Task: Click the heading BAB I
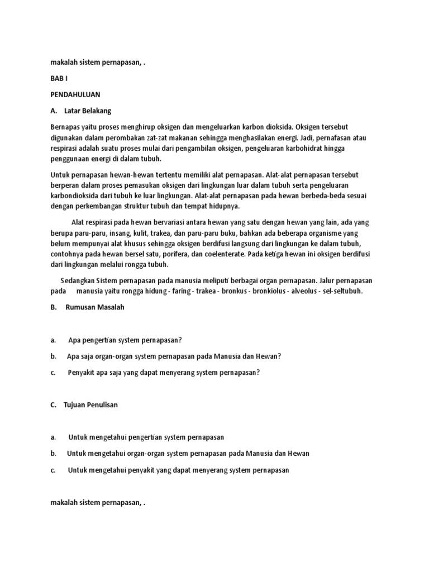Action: pyautogui.click(x=59, y=79)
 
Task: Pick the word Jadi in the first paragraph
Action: pyautogui.click(x=299, y=137)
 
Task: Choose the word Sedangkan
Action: pyautogui.click(x=77, y=280)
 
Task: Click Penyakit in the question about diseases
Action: pyautogui.click(x=85, y=373)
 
